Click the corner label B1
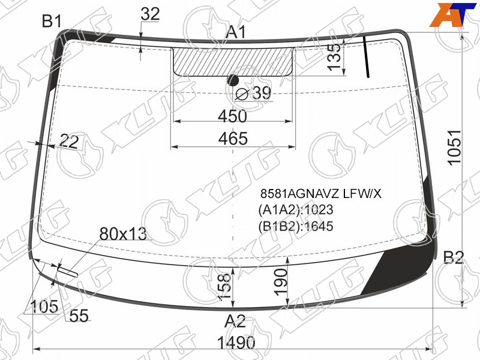[52, 21]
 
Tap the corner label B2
[454, 257]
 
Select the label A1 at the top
[236, 32]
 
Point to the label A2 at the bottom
[235, 321]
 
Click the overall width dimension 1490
[236, 343]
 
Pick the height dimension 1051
[454, 148]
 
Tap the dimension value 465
[233, 139]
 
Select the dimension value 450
[232, 116]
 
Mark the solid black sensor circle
[233, 80]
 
